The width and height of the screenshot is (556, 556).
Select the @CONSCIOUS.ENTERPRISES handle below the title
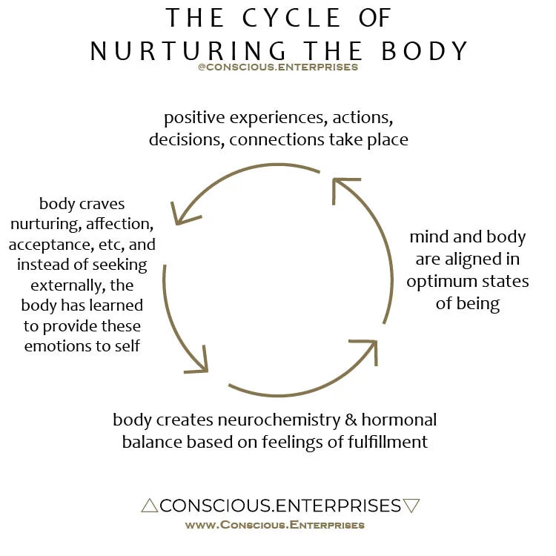pos(278,67)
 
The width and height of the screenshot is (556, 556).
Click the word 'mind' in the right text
pos(429,238)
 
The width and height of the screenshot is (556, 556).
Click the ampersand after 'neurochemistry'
pos(353,420)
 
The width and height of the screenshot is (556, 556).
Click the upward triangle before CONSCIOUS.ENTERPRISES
pos(149,506)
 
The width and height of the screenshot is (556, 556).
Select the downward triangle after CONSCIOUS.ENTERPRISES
pos(412,506)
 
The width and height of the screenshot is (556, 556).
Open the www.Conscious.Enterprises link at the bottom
pos(274,525)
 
